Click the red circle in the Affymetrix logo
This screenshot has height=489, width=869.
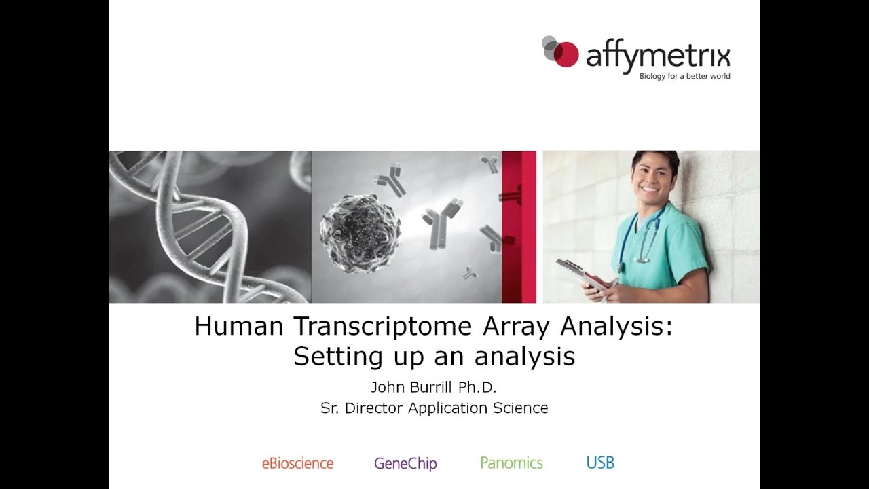566,54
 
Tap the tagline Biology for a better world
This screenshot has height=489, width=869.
684,76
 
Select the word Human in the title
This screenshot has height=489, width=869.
238,327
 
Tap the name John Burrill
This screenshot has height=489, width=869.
410,388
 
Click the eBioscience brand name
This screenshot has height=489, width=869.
297,463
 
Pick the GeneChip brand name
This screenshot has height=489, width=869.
405,464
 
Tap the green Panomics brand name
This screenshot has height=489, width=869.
511,463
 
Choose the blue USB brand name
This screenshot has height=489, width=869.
600,463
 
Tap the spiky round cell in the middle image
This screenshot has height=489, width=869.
360,228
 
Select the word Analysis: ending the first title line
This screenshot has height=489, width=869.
616,327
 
